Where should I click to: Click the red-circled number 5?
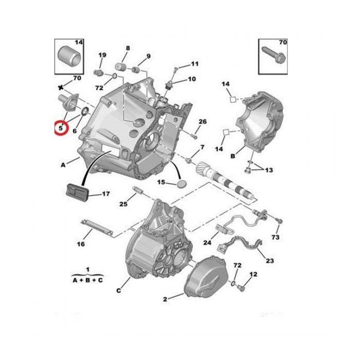pyautogui.click(x=61, y=128)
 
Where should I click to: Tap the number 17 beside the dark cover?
pyautogui.click(x=106, y=194)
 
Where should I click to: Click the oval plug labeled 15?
pyautogui.click(x=182, y=184)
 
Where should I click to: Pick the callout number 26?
pyautogui.click(x=203, y=121)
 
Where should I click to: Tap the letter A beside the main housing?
pyautogui.click(x=63, y=165)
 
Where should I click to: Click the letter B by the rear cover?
pyautogui.click(x=233, y=156)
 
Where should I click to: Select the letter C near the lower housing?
pyautogui.click(x=118, y=291)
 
